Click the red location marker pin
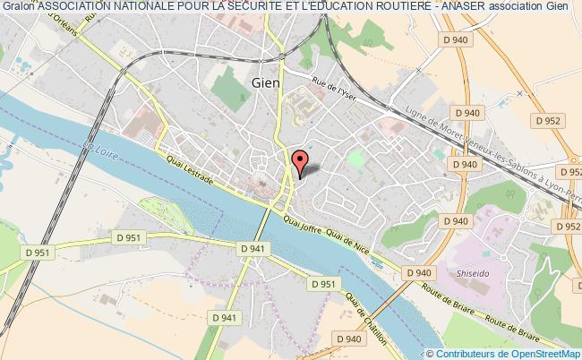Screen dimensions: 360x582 [x=301, y=161]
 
